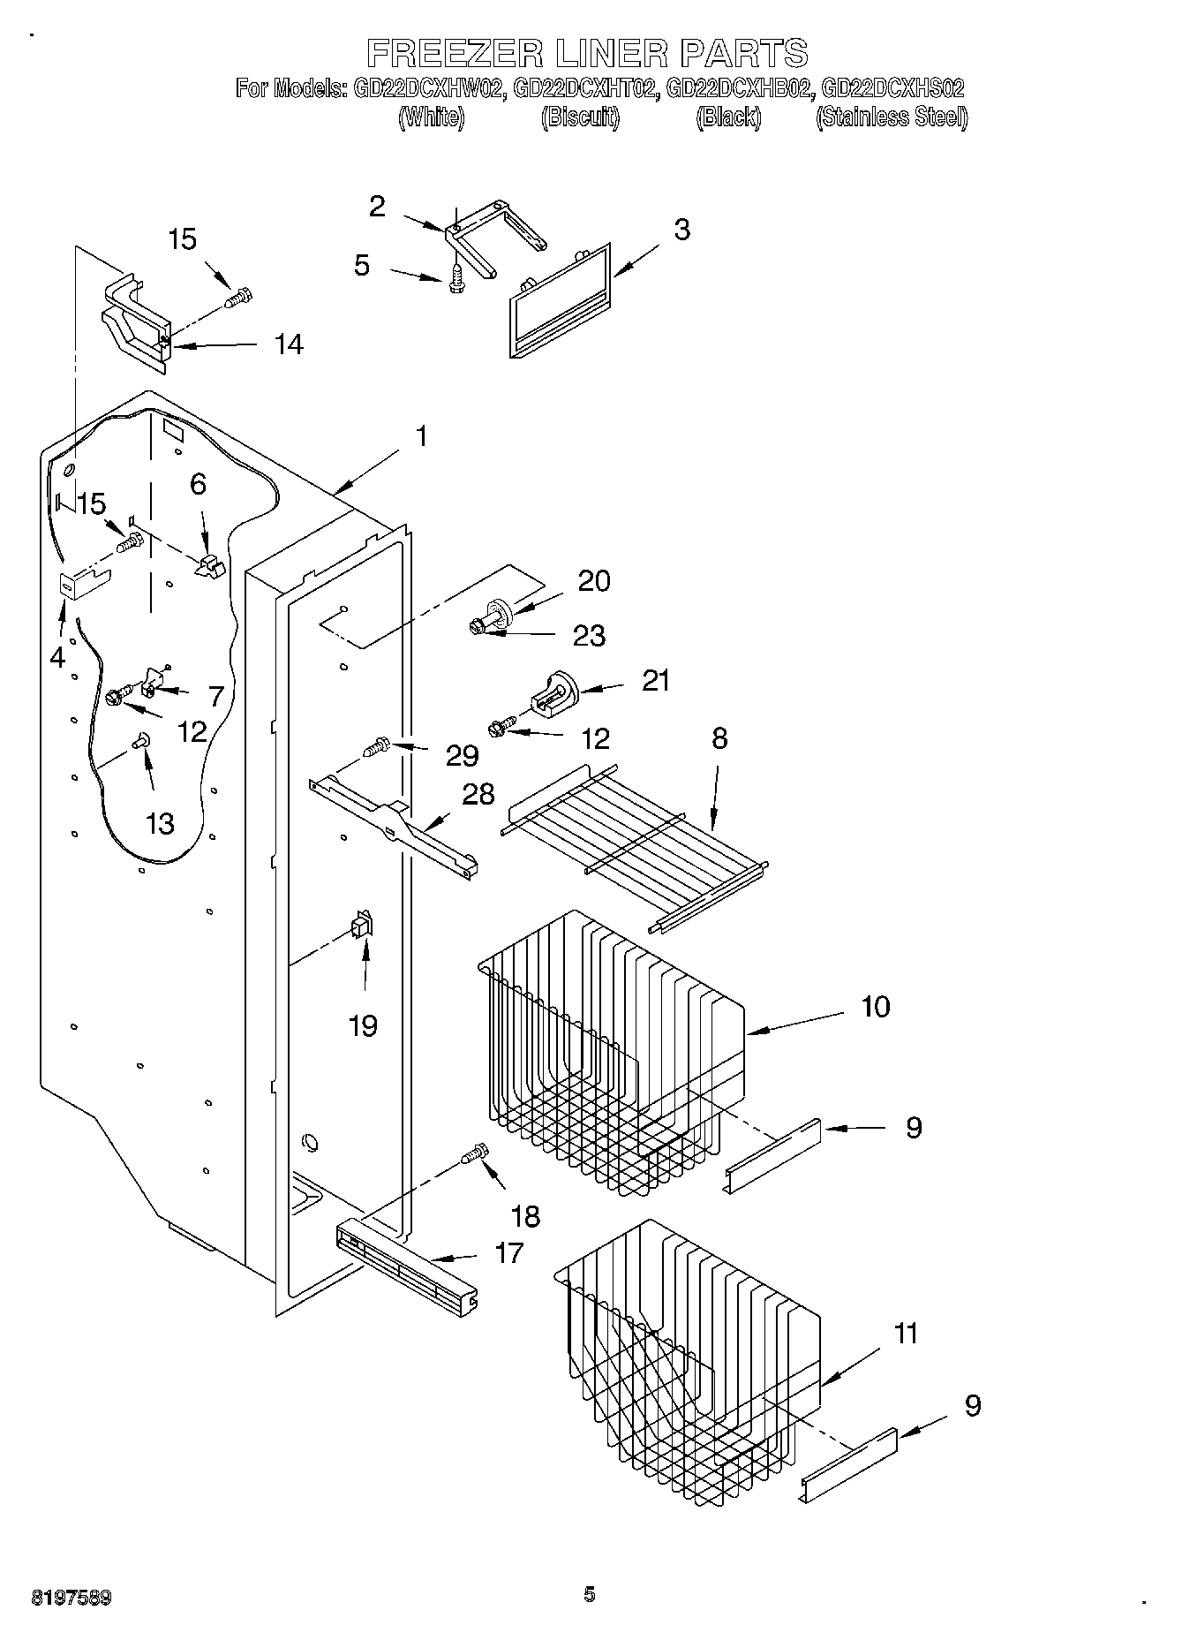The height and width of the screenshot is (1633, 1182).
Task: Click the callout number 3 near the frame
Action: coord(681,229)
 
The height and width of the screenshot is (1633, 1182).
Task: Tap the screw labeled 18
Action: coord(474,1154)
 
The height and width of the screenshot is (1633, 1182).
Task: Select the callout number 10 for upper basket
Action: coord(875,1006)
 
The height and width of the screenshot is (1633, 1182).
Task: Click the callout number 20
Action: coord(593,580)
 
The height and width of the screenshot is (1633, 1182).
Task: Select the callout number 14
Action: coord(288,344)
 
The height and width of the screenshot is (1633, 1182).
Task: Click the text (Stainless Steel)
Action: coord(891,117)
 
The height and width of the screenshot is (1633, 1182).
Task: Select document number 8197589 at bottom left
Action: coord(72,1597)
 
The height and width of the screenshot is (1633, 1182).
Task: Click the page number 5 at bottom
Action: coord(590,1593)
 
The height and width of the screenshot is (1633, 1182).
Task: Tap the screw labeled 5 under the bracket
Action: coord(456,277)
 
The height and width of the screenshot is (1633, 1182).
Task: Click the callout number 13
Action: coord(160,823)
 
